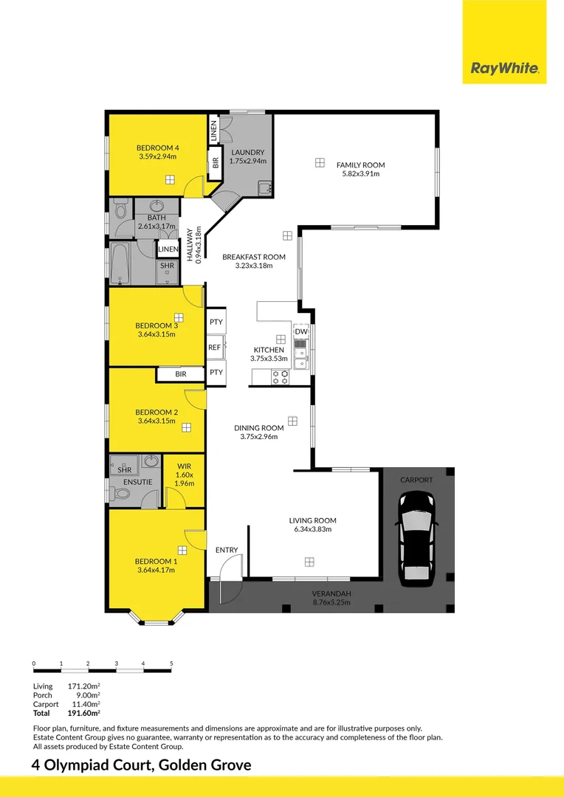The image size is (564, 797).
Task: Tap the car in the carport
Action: click(x=417, y=538)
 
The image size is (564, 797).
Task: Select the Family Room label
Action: click(x=360, y=165)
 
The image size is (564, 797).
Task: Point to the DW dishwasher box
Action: click(x=302, y=332)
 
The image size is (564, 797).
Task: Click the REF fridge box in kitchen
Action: click(x=215, y=348)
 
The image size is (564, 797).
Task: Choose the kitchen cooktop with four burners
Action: click(x=281, y=376)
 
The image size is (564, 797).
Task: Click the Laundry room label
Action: click(x=247, y=153)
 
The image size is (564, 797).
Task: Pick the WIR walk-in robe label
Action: click(x=184, y=466)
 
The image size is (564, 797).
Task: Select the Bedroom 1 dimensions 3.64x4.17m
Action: click(x=156, y=570)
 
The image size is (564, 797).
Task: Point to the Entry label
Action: click(x=227, y=550)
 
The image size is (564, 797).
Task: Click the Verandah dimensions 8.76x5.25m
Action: click(x=331, y=602)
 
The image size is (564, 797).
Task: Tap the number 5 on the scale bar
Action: click(x=171, y=663)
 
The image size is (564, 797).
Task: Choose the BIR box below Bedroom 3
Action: click(x=181, y=374)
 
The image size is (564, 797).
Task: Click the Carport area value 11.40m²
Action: click(x=84, y=705)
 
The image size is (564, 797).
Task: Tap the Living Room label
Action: click(x=313, y=520)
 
